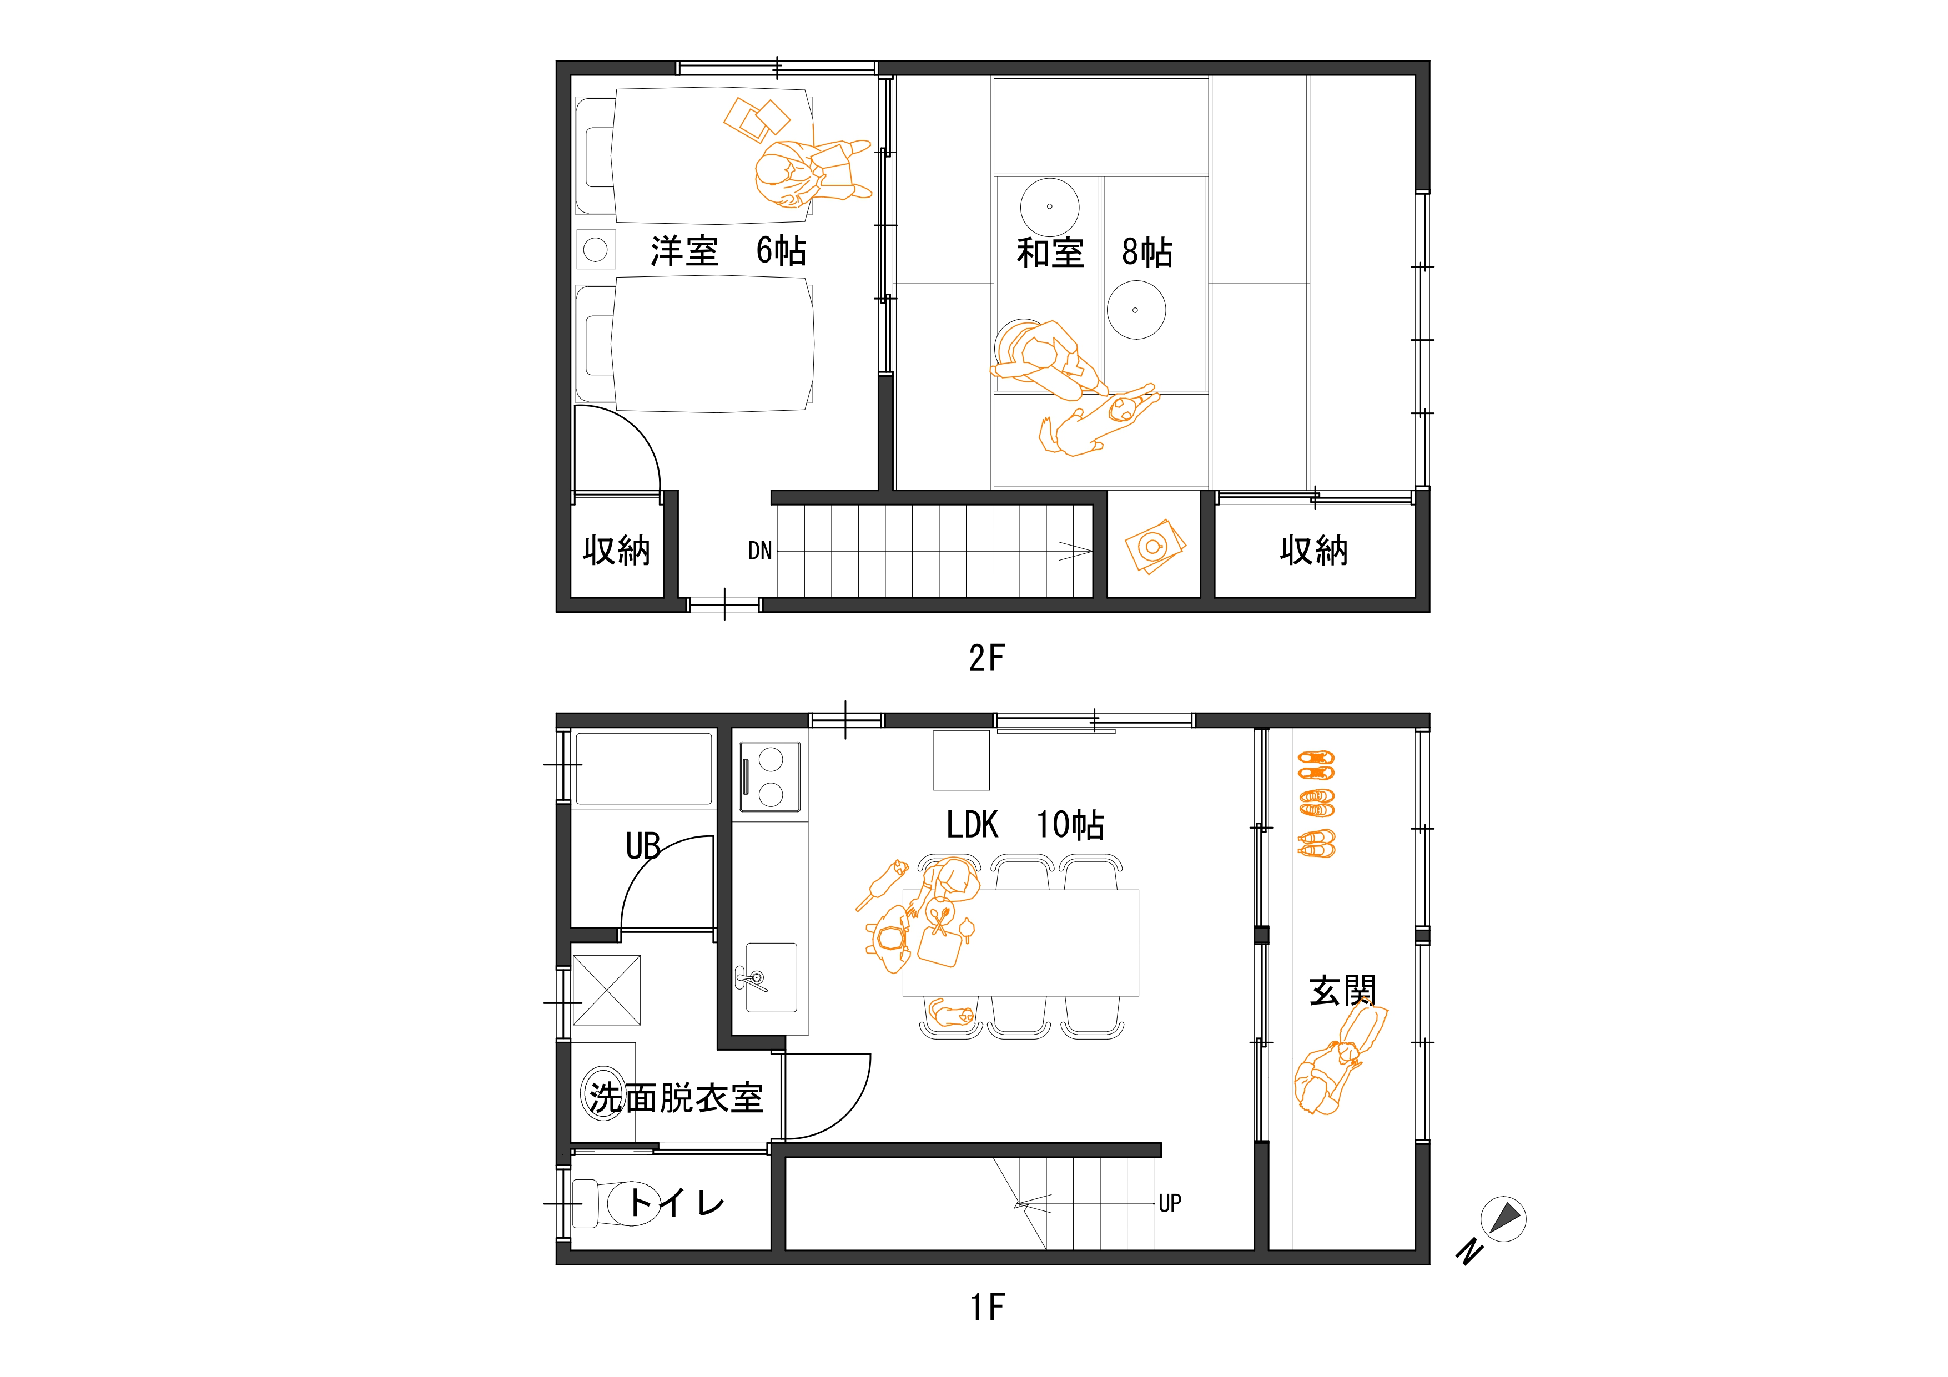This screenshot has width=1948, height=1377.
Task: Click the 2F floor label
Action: (986, 658)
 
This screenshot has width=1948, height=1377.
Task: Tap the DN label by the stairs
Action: (760, 552)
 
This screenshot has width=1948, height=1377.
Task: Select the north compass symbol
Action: (1503, 1220)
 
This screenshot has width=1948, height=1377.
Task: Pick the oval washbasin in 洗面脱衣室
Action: (603, 1094)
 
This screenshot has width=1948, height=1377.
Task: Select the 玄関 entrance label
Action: (1342, 991)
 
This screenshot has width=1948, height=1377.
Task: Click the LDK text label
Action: (972, 825)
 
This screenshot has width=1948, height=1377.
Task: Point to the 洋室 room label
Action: (684, 251)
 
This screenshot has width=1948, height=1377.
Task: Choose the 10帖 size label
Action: (1070, 825)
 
